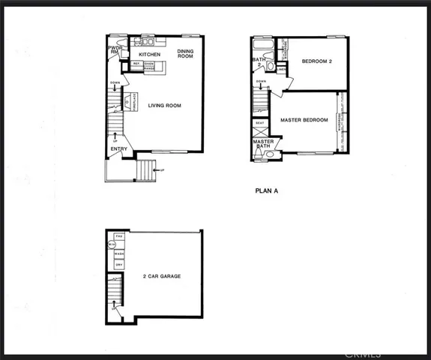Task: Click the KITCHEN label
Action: click(150, 55)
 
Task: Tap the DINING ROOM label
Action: click(185, 54)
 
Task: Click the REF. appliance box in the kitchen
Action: click(136, 64)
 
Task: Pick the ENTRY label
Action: click(118, 149)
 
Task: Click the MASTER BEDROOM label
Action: click(304, 120)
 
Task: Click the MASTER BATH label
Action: click(262, 145)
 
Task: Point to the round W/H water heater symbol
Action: click(112, 244)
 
